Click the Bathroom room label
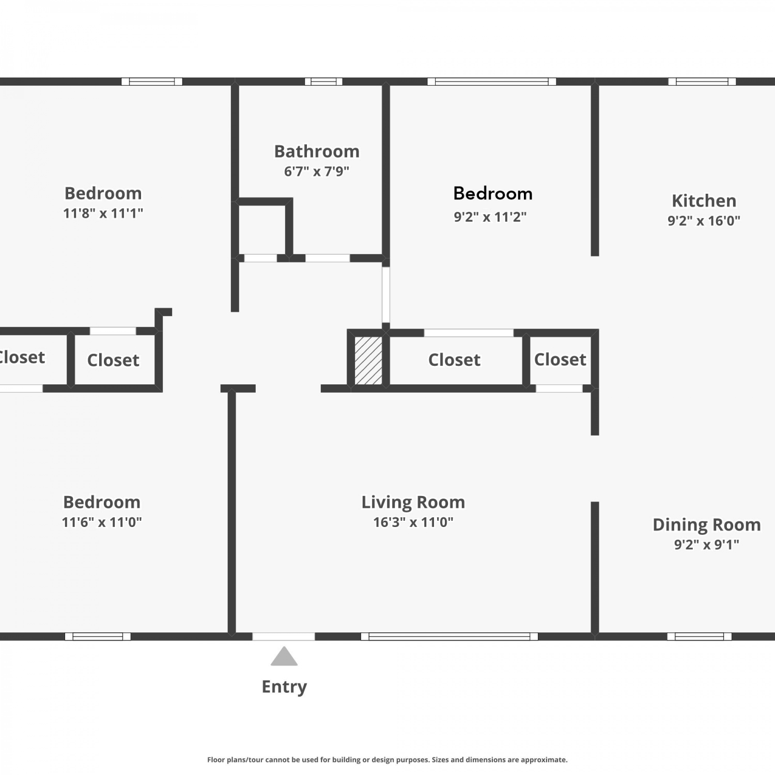click(x=317, y=151)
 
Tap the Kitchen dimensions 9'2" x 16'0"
click(x=704, y=221)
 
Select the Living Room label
click(x=413, y=502)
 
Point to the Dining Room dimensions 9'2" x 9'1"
click(x=706, y=545)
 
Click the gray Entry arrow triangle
click(x=284, y=657)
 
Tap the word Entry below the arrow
click(x=284, y=687)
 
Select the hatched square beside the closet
click(x=368, y=361)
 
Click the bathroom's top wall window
click(x=323, y=82)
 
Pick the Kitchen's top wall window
click(x=702, y=82)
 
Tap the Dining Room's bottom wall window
click(x=700, y=637)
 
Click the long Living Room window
click(x=450, y=637)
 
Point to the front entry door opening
click(x=284, y=637)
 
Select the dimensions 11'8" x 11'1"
click(x=103, y=213)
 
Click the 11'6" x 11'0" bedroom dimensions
click(x=102, y=522)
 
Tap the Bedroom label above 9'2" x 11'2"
click(x=493, y=193)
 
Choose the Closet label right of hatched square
click(x=454, y=360)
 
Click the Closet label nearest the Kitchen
click(x=560, y=359)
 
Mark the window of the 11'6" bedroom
click(x=98, y=637)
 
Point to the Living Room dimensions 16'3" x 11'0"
click(x=413, y=522)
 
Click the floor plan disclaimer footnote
click(x=388, y=760)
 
